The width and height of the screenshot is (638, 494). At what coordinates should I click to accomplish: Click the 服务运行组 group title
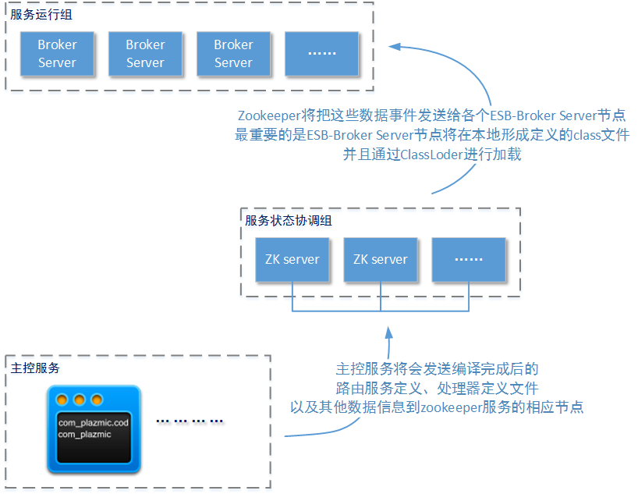tap(37, 14)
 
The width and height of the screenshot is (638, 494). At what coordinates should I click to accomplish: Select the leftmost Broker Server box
tap(57, 54)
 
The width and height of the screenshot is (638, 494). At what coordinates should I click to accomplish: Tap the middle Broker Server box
tap(145, 54)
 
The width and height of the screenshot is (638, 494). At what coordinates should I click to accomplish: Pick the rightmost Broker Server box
tap(233, 54)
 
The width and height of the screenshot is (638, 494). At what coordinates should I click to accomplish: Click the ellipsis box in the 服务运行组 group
tap(321, 54)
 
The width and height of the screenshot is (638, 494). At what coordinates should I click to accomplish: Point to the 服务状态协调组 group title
tap(288, 220)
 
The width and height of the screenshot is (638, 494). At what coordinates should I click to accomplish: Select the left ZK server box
tap(292, 259)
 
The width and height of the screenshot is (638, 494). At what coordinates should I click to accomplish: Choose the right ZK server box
tap(380, 259)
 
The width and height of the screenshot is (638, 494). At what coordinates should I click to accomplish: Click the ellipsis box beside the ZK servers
tap(468, 259)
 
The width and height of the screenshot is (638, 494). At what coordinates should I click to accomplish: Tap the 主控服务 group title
tap(35, 367)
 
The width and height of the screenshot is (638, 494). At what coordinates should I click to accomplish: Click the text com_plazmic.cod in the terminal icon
tap(93, 422)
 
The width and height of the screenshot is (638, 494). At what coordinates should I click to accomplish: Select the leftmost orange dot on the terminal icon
tap(62, 400)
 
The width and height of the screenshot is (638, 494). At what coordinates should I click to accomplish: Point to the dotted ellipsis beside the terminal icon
tap(190, 421)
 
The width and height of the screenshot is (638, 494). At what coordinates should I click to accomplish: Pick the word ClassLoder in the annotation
tap(432, 155)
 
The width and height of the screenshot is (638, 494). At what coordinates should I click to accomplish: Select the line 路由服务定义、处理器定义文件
tap(437, 388)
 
